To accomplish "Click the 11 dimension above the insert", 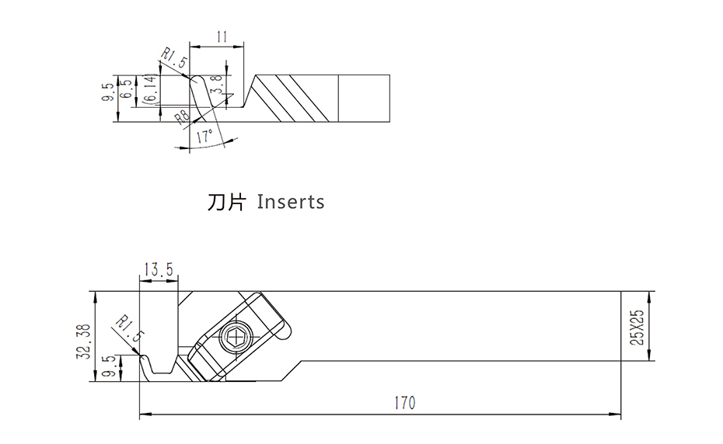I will click(x=222, y=36).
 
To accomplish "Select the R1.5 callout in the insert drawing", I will click(x=173, y=59).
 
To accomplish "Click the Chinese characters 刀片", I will click(x=226, y=203).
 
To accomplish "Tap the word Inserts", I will click(x=290, y=203).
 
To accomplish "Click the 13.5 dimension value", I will click(x=158, y=269).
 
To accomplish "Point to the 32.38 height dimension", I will click(x=85, y=341).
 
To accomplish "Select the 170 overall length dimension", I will click(x=404, y=404).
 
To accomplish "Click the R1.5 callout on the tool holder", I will click(x=129, y=330).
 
